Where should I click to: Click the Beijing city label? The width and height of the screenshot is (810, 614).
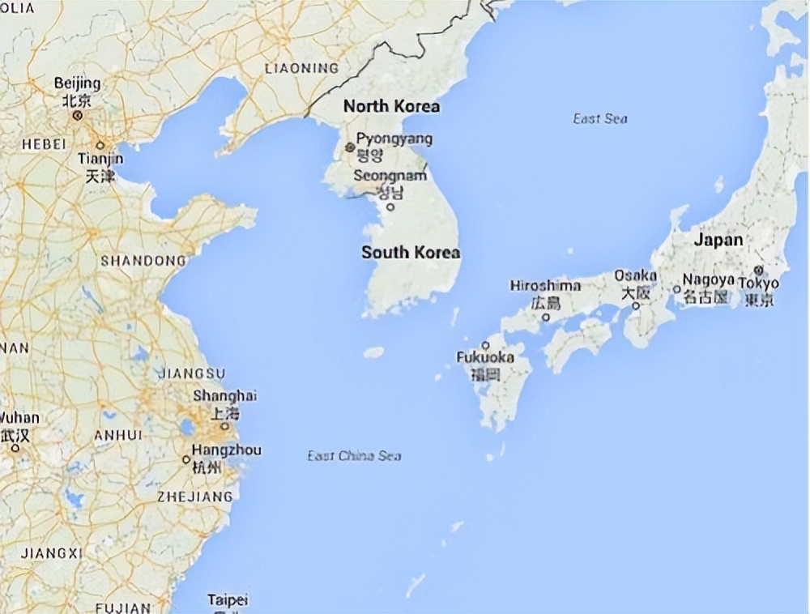tap(77, 83)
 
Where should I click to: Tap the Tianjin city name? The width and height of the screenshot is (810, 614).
tap(100, 159)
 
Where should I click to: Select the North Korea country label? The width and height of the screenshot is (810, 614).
tap(391, 106)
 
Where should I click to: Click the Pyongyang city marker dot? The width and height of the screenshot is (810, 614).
tap(350, 147)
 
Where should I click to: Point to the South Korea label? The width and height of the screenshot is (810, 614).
tap(411, 252)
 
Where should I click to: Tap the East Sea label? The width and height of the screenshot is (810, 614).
tap(600, 119)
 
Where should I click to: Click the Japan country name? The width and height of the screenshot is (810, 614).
tap(718, 240)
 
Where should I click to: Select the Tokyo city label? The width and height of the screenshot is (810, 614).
tap(761, 284)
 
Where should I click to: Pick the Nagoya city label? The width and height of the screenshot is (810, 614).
tap(708, 279)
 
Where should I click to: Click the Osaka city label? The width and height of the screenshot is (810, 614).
tap(635, 276)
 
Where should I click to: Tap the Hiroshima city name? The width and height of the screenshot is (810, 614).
tap(545, 286)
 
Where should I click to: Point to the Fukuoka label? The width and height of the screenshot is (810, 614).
tap(485, 357)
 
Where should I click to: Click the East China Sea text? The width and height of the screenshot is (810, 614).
tap(354, 456)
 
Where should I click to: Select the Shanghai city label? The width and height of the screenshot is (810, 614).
tap(224, 396)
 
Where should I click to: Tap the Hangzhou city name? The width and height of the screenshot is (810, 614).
tap(226, 450)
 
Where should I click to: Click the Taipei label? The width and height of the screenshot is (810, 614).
tap(228, 600)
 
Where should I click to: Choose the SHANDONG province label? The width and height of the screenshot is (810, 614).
tap(143, 261)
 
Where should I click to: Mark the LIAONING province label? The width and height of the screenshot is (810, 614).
tap(301, 68)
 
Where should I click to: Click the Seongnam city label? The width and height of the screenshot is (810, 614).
tap(390, 176)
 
